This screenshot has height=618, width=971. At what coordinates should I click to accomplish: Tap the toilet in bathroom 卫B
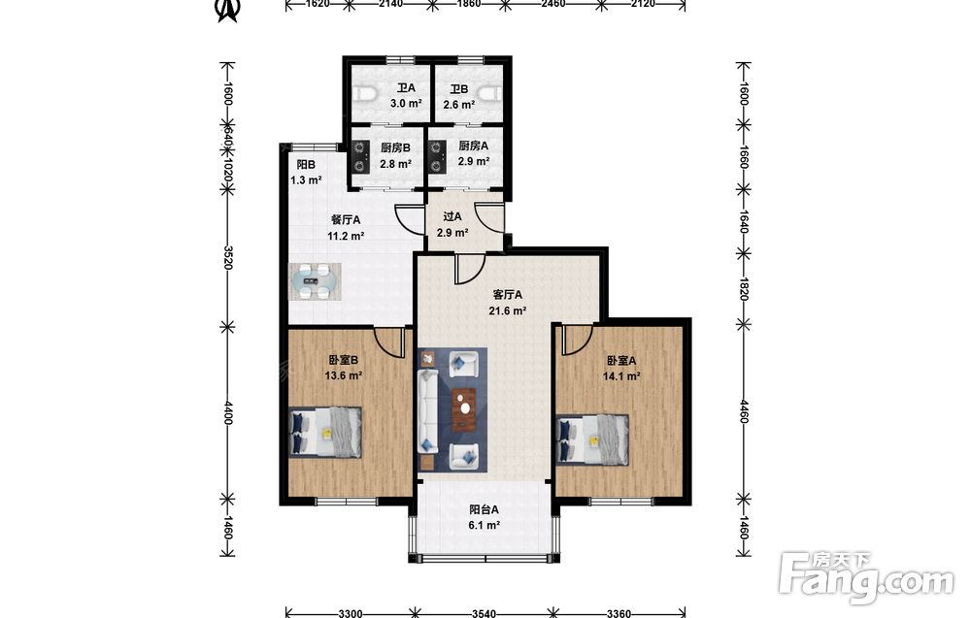[x=491, y=94]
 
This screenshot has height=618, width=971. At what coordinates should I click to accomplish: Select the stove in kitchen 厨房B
[x=359, y=157]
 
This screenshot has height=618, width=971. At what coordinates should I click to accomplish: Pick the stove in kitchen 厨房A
[x=437, y=157]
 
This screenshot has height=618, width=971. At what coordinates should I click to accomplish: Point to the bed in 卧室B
[x=325, y=432]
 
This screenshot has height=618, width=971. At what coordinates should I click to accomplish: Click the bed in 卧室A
[x=592, y=439]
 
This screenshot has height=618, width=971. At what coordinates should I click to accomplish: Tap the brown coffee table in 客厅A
[x=464, y=408]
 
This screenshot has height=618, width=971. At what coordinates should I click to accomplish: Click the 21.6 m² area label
[x=508, y=311]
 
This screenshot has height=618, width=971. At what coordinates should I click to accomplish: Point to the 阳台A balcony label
[x=485, y=509]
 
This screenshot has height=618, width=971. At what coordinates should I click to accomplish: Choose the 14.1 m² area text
[x=621, y=376]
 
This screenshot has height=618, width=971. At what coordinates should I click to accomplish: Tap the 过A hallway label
[x=452, y=217]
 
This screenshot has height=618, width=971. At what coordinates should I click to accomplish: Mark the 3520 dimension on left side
[x=227, y=257]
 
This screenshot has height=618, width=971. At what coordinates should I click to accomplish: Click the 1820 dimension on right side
[x=744, y=288]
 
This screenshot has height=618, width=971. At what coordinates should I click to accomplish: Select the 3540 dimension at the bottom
[x=485, y=614]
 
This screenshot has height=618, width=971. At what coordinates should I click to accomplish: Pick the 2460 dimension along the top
[x=553, y=4]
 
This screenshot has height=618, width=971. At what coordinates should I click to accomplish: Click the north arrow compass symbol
[x=227, y=10]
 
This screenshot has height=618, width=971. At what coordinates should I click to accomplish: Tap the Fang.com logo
[x=866, y=578]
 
